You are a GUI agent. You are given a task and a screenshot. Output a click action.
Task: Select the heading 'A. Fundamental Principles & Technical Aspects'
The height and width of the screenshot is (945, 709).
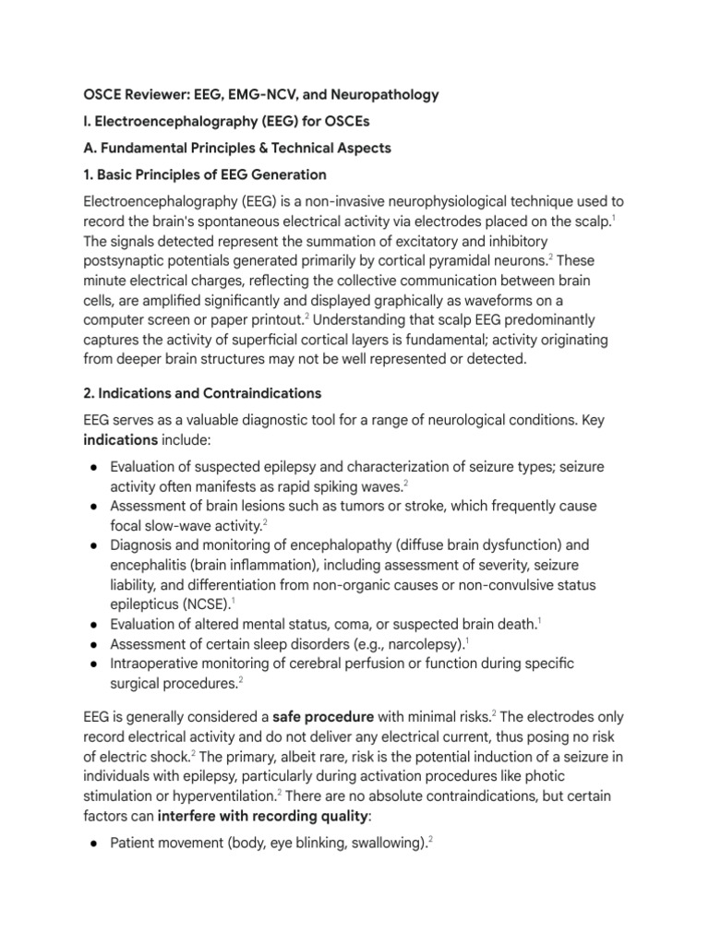[x=237, y=148]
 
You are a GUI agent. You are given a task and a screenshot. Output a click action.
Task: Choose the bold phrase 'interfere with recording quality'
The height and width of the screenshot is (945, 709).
[x=267, y=815]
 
